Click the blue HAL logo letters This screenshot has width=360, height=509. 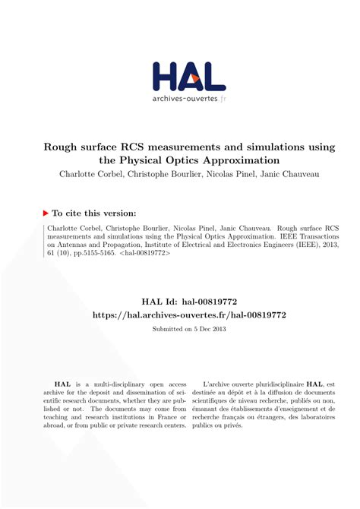189,77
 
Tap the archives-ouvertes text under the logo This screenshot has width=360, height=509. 185,100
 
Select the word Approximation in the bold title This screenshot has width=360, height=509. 237,160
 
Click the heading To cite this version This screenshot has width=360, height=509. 94,213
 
